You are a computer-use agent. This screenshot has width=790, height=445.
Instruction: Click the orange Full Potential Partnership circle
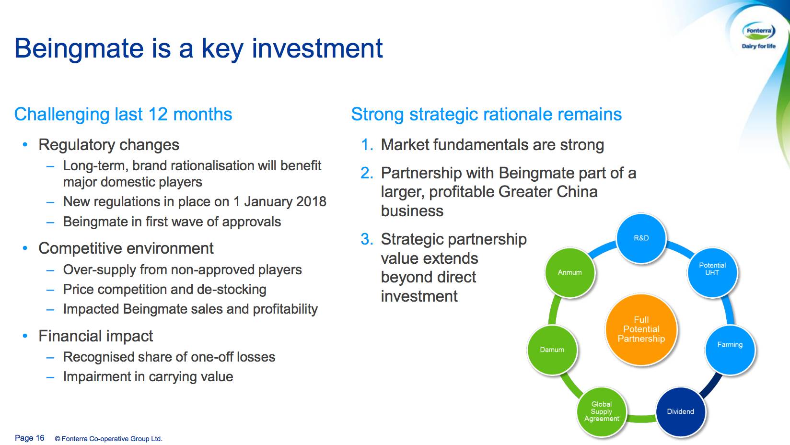(x=641, y=329)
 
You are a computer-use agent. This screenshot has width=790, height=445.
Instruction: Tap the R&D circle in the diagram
(x=641, y=238)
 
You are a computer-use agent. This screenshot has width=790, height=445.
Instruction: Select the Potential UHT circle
(x=712, y=272)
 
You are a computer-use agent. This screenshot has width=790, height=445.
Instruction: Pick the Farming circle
(x=730, y=350)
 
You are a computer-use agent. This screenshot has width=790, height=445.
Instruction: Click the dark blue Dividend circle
(x=680, y=412)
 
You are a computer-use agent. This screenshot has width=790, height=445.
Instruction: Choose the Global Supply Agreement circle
(x=602, y=412)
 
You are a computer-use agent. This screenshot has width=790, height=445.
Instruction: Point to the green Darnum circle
(x=552, y=350)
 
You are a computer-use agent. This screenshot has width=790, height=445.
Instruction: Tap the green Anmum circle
(x=569, y=272)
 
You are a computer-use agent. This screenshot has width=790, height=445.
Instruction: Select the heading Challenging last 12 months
(x=123, y=114)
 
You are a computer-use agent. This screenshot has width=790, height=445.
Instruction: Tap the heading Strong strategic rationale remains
(x=487, y=114)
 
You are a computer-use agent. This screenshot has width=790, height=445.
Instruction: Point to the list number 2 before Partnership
(x=367, y=173)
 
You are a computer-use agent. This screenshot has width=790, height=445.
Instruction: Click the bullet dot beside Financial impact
(x=25, y=336)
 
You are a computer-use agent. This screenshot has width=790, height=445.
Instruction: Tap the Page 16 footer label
(x=30, y=438)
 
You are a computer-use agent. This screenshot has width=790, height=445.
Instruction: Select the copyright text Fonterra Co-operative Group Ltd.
(x=112, y=439)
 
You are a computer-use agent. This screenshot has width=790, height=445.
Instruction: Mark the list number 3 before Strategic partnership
(x=367, y=239)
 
